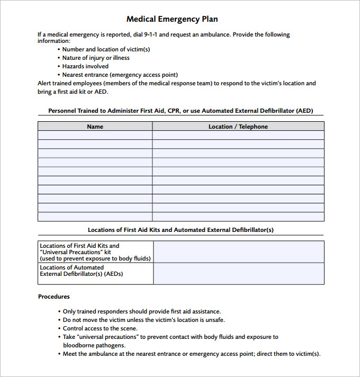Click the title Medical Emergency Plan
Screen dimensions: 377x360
click(172, 19)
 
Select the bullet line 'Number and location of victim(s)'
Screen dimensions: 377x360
click(106, 49)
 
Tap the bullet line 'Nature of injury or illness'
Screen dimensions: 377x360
click(95, 58)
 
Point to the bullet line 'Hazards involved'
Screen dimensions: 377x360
click(85, 66)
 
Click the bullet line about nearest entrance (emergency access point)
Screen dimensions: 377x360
click(120, 75)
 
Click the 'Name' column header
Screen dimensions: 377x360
click(95, 127)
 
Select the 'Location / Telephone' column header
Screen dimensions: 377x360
click(238, 127)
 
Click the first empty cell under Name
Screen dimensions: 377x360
click(95, 136)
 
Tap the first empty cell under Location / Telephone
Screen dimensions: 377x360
click(238, 136)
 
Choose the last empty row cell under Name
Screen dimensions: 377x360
click(95, 217)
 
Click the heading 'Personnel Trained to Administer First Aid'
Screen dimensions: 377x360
click(181, 111)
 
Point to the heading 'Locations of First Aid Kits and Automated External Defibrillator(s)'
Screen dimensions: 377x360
click(181, 230)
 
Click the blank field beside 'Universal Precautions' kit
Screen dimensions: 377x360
click(238, 252)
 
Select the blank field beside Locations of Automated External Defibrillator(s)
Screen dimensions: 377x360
click(238, 274)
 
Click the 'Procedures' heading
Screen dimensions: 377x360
click(54, 297)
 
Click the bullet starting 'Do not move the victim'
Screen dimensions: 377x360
click(143, 320)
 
